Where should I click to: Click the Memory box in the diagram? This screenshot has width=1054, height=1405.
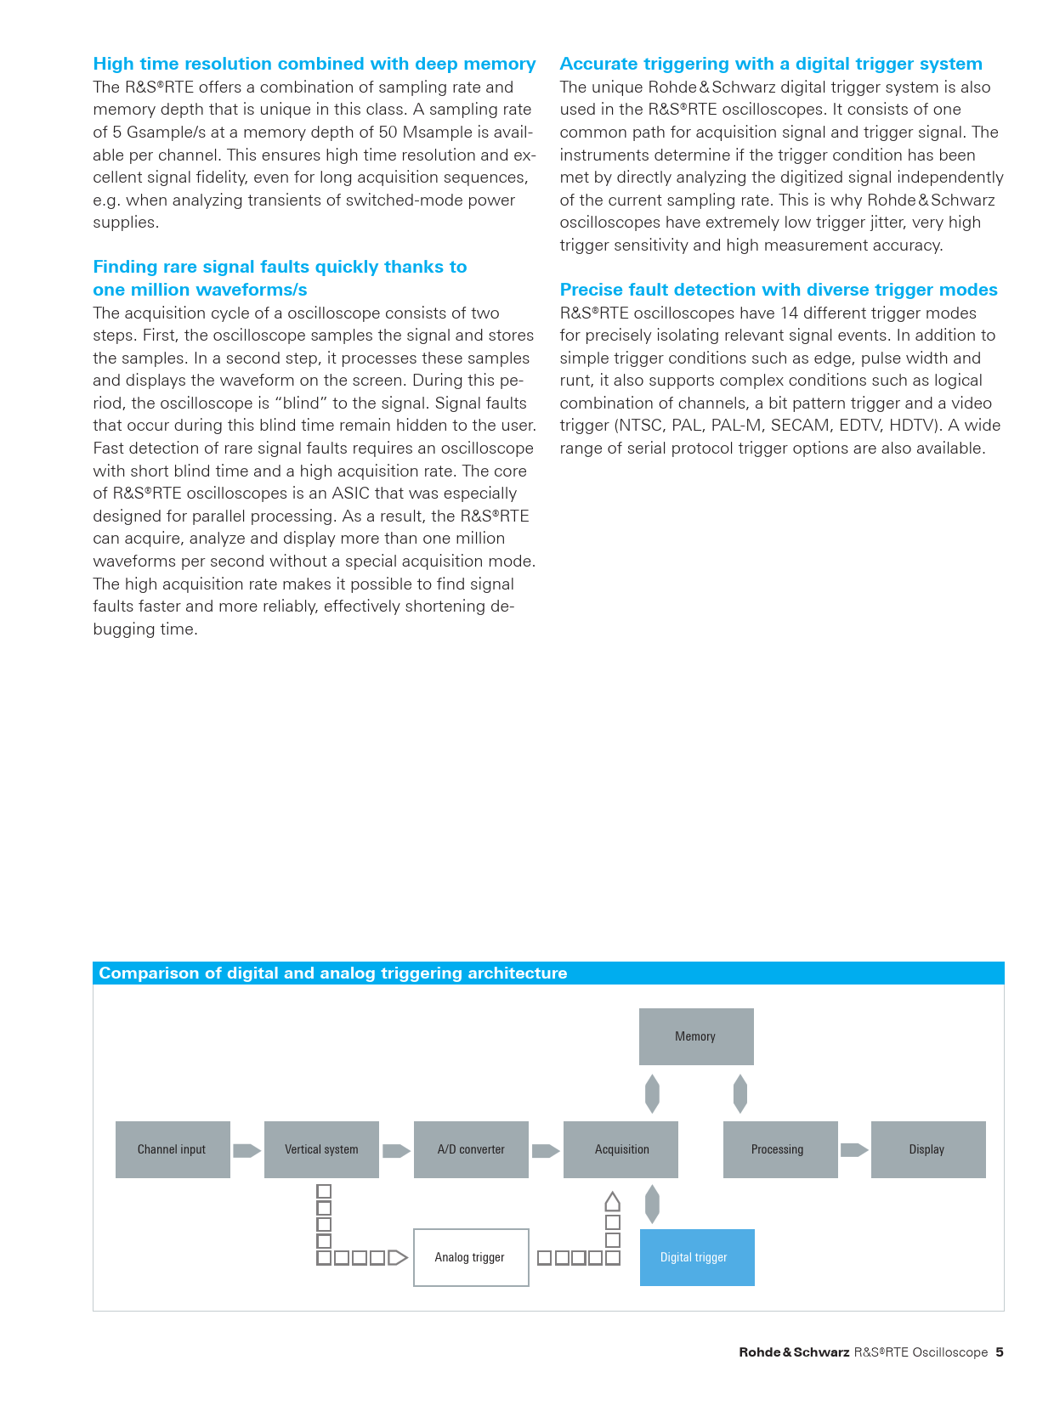point(696,1036)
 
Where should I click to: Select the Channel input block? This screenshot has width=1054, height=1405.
point(173,1149)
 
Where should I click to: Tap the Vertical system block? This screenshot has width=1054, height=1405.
point(321,1149)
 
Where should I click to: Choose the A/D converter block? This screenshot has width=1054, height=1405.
point(471,1149)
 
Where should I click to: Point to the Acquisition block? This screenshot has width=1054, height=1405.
point(620,1149)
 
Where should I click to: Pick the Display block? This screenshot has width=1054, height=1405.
point(928,1149)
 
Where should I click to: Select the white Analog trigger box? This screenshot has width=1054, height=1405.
point(471,1257)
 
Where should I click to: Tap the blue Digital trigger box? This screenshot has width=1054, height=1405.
point(697,1257)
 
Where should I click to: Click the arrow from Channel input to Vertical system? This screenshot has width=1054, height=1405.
point(246,1150)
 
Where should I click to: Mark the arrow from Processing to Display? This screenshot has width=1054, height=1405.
point(854,1150)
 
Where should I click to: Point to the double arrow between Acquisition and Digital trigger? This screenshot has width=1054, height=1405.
point(652,1204)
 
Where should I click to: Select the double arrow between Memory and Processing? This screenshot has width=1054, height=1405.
point(740,1093)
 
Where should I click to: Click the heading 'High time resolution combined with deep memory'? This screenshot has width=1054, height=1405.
point(314,64)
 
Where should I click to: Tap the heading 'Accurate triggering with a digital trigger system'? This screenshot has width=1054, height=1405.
point(771,64)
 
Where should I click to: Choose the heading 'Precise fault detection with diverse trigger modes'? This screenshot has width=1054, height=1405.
point(779,290)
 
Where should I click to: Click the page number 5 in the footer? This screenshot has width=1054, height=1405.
point(1000,1352)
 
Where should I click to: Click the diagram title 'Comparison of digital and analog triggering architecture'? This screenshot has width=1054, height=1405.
point(333,973)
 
